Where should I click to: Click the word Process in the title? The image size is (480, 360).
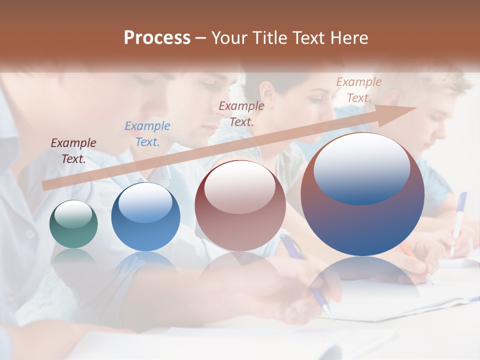point(157,38)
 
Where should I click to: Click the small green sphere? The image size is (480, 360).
point(73,224)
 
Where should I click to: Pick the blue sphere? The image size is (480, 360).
point(145,217)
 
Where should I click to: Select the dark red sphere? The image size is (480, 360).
point(240,206)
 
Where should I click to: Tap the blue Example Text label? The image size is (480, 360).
point(147,134)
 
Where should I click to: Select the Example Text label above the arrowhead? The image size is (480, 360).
point(358,90)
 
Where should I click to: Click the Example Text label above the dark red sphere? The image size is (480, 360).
point(241,113)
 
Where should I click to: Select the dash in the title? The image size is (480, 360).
point(201,38)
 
